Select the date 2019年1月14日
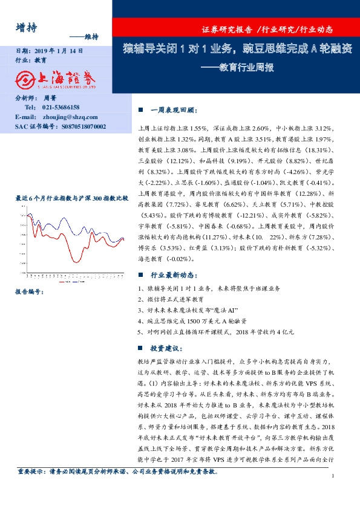(x=54, y=52)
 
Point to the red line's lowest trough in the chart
(x=77, y=261)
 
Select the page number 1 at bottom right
(x=333, y=493)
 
